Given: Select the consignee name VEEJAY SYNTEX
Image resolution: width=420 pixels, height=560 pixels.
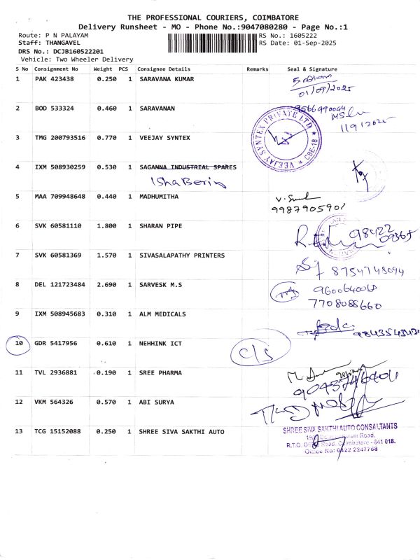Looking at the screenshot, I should pos(164,138).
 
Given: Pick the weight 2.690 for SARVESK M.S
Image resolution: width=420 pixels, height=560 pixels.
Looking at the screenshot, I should pos(104,285).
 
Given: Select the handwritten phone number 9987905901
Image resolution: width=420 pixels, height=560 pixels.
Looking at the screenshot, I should pos(309,209).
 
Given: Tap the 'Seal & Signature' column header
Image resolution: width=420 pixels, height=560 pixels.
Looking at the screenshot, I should pos(312,69).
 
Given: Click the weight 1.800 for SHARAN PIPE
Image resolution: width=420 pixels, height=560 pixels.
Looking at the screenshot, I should pos(104,226).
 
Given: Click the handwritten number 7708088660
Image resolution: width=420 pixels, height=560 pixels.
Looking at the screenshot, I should pos(344,305).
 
